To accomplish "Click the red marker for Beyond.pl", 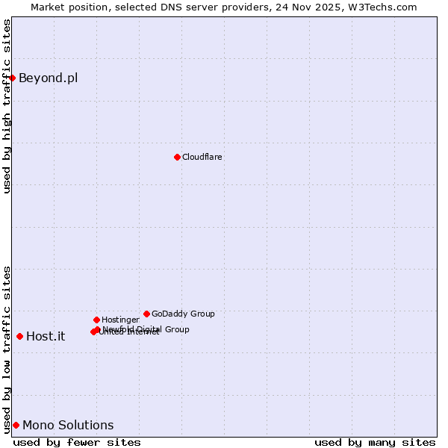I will point(12,78).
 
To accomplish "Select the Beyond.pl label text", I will point(48,78).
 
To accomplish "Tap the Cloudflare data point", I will point(177,157).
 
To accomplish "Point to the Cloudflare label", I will point(202,158).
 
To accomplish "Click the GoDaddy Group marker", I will point(146,314).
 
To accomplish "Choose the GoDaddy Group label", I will point(183,314).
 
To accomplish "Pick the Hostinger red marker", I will point(96,320).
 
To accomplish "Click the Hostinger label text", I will point(120,320).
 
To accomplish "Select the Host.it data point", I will point(19,336).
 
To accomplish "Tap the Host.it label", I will point(46,337).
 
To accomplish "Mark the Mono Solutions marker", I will point(16,425).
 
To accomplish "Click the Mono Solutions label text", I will point(68,426).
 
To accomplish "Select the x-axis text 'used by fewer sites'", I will point(77,442).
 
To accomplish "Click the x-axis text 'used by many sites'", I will point(375,442).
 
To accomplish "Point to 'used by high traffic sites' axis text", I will point(7,106).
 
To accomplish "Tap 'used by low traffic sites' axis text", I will point(7,349).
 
